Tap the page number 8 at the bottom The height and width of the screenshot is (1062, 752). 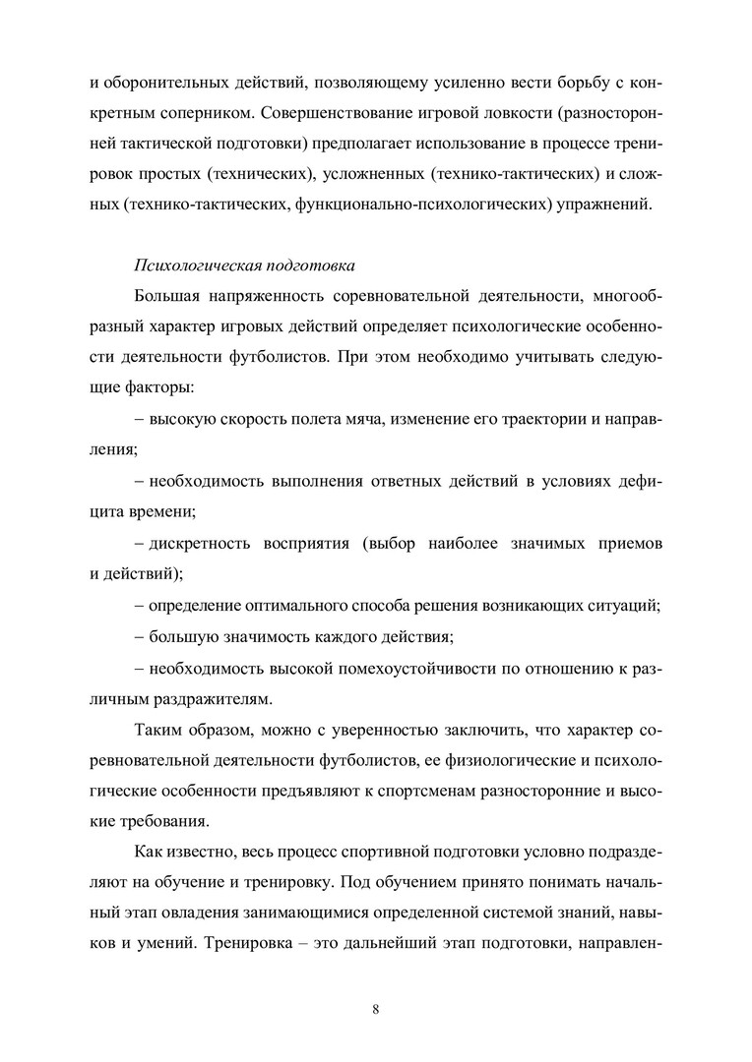376,1005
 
